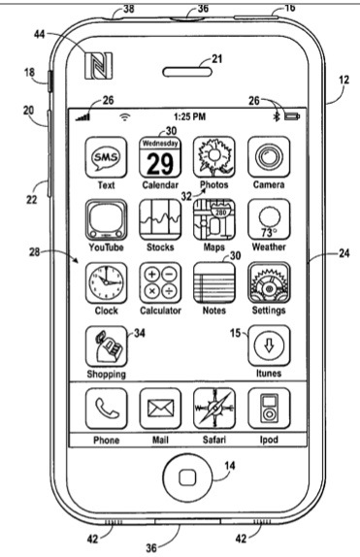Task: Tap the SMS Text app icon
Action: pyautogui.click(x=106, y=157)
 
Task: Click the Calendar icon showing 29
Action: pyautogui.click(x=160, y=157)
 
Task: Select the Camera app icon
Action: pyautogui.click(x=269, y=157)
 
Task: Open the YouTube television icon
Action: pyautogui.click(x=106, y=220)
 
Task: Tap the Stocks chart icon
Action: pyautogui.click(x=160, y=220)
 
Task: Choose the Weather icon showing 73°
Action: pyautogui.click(x=269, y=220)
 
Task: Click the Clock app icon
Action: pyautogui.click(x=106, y=282)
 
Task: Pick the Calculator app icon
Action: pyautogui.click(x=160, y=282)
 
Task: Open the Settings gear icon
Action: pyautogui.click(x=269, y=282)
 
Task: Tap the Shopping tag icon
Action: pyautogui.click(x=106, y=346)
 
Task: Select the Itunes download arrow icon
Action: pyautogui.click(x=269, y=345)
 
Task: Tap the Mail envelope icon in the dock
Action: pyautogui.click(x=160, y=409)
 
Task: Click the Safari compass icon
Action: pyautogui.click(x=214, y=409)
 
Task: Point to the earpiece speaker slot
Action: pyautogui.click(x=187, y=72)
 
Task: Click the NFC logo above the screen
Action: pyautogui.click(x=98, y=66)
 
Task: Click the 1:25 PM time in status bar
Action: pyautogui.click(x=190, y=116)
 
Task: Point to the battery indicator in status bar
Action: pyautogui.click(x=292, y=116)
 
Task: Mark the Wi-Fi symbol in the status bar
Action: pyautogui.click(x=124, y=116)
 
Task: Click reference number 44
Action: pyautogui.click(x=40, y=34)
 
